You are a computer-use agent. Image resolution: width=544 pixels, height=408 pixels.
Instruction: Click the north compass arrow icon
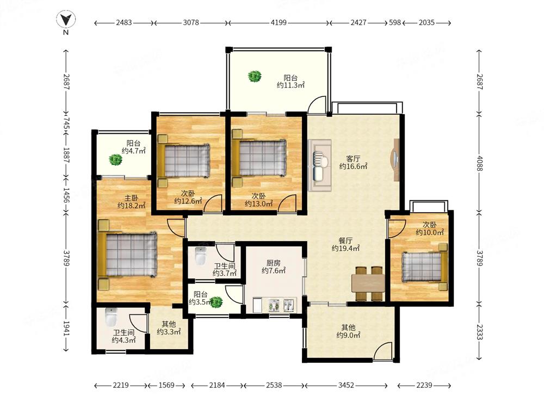[x=66, y=20]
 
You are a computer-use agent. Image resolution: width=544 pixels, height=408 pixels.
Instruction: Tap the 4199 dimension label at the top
[x=279, y=22]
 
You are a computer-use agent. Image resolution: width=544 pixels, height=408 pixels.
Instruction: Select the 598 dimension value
[x=395, y=22]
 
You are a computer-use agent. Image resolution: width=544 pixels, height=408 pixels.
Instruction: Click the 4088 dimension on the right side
[x=479, y=163]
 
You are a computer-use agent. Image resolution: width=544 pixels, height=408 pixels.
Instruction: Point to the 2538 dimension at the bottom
[x=274, y=385]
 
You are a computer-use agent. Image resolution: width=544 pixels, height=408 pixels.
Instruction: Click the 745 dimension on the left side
[x=66, y=123]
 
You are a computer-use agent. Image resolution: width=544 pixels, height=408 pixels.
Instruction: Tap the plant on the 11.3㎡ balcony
[x=255, y=76]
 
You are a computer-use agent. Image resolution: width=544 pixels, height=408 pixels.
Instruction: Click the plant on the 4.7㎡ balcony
[x=115, y=159]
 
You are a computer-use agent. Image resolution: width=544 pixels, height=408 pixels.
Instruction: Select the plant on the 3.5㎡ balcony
[x=217, y=302]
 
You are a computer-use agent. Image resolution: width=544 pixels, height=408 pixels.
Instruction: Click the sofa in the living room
[x=319, y=165]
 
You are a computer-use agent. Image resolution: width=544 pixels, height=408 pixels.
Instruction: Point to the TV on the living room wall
[x=396, y=160]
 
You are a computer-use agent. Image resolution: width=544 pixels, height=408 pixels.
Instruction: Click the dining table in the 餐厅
[x=368, y=283]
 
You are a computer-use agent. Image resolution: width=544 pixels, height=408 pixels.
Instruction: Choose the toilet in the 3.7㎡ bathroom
[x=201, y=256]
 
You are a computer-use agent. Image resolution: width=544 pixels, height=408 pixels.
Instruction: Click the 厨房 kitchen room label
[x=274, y=263]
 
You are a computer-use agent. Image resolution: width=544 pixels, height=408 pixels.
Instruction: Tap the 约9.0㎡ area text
[x=348, y=335]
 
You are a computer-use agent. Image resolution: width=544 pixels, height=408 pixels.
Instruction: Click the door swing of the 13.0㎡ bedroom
[x=287, y=202]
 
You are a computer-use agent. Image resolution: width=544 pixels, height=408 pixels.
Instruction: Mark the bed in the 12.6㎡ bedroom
[x=183, y=161]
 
